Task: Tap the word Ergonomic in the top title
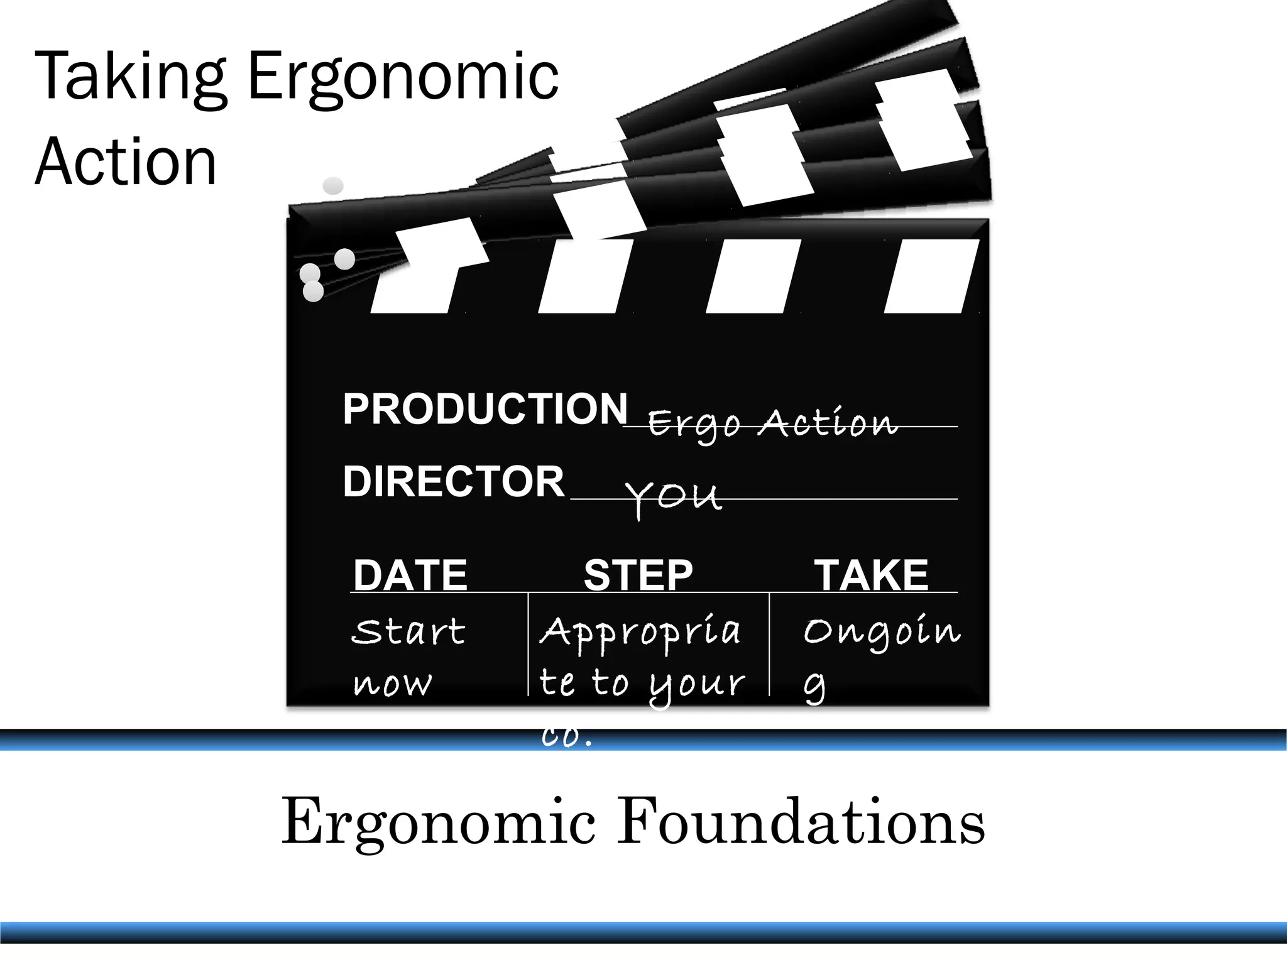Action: [403, 77]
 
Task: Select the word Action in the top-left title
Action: [126, 161]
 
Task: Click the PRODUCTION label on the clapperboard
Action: [485, 409]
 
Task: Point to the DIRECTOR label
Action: [453, 481]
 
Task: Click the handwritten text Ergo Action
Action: [772, 423]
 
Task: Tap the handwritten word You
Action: [673, 497]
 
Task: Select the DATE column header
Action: [410, 574]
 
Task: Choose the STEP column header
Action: [637, 574]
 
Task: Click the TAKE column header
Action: [871, 574]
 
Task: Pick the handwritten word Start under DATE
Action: [408, 631]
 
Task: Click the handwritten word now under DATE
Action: [393, 684]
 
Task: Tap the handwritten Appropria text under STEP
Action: [640, 632]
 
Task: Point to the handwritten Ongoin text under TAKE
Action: [882, 632]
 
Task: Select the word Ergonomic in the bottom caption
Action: [438, 822]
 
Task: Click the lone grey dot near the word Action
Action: [333, 185]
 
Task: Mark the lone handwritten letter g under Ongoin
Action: [814, 687]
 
